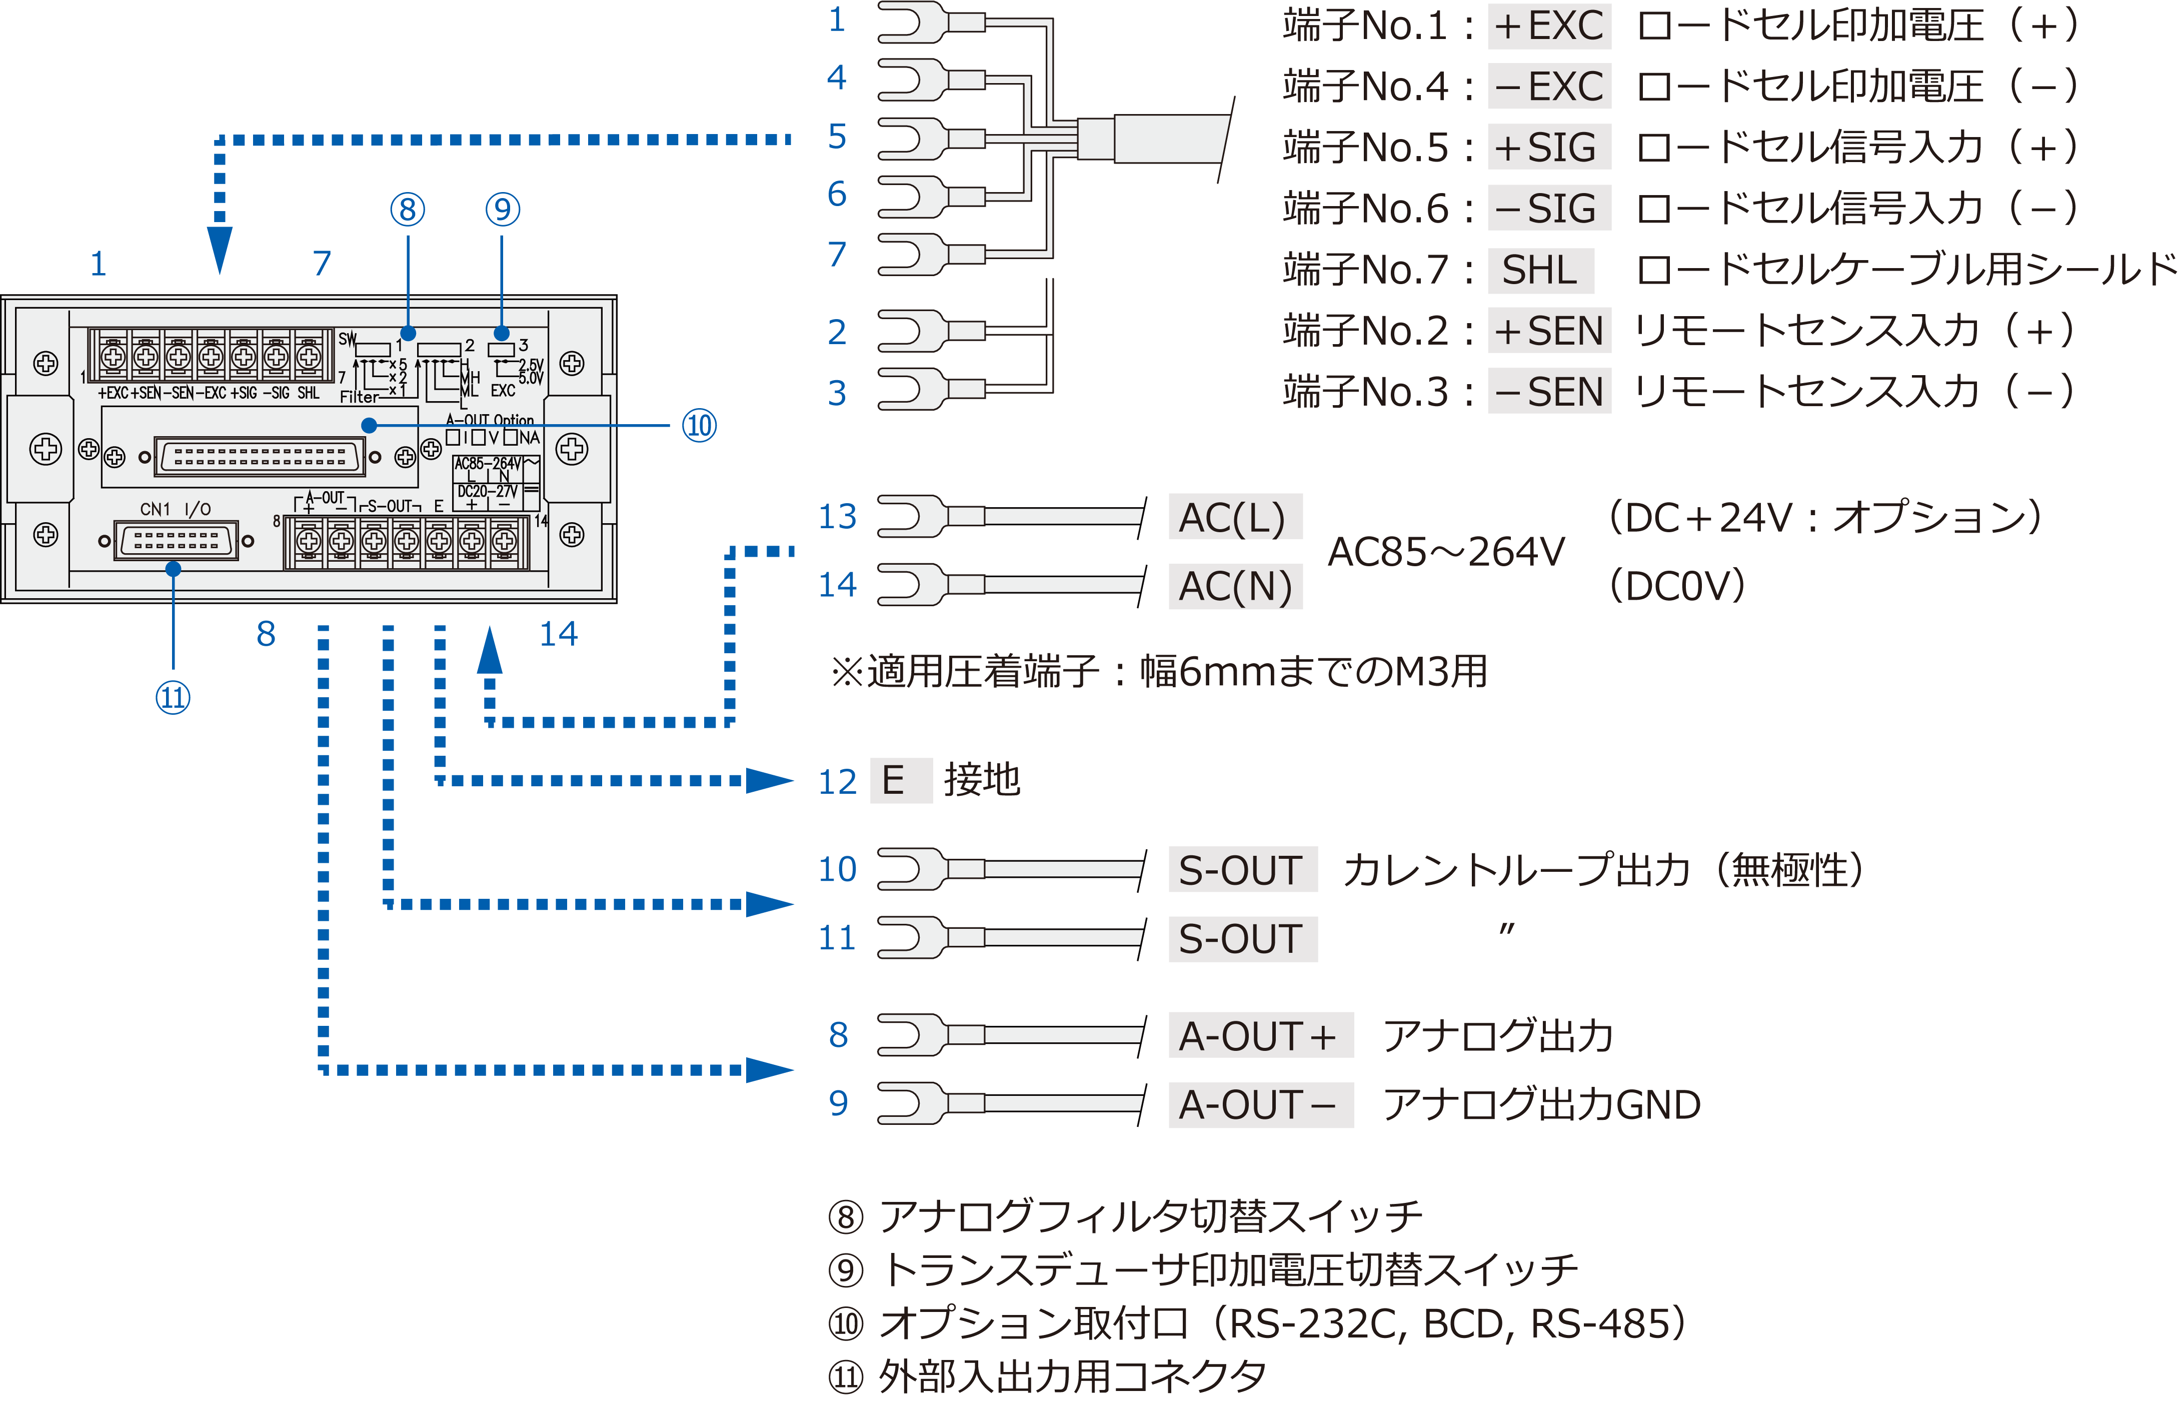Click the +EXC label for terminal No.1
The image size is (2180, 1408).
coord(1548,26)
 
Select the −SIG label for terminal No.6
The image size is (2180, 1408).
coord(1548,209)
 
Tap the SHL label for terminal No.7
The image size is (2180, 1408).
coord(1540,270)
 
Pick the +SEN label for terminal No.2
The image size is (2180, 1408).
coord(1548,331)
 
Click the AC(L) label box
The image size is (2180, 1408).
coord(1234,518)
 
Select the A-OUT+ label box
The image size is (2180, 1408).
coord(1260,1036)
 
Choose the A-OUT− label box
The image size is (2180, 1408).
coord(1260,1104)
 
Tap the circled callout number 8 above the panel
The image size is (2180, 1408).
coord(408,210)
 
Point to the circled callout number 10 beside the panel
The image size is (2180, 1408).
coord(699,426)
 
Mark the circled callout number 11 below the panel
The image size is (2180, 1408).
coord(173,698)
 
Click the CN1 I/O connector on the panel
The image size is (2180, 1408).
coord(177,540)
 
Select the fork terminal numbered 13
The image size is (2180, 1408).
coord(914,517)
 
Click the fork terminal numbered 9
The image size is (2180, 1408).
coord(914,1103)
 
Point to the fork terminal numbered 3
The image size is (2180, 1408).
coord(914,391)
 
